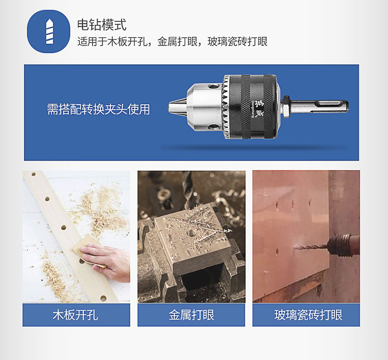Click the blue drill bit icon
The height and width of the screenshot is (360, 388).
point(49,31)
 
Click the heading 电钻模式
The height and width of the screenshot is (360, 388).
point(102,24)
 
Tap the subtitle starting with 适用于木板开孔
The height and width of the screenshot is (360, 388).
point(172,41)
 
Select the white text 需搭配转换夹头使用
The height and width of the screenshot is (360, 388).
point(98,109)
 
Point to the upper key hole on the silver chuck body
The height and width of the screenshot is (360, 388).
point(213,87)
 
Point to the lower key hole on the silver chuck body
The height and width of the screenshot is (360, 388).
point(213,127)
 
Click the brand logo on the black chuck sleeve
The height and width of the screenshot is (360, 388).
point(255,107)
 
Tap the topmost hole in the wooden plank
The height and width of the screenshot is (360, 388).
point(34,174)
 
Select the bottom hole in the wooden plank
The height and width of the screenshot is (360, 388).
point(103,298)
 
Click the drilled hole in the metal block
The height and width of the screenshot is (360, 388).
point(190,233)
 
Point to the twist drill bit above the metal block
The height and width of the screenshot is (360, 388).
point(188,190)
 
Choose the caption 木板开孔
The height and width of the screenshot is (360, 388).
point(76,315)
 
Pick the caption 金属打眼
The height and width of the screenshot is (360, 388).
point(191,315)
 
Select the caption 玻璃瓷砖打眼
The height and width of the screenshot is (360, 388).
point(308,315)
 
